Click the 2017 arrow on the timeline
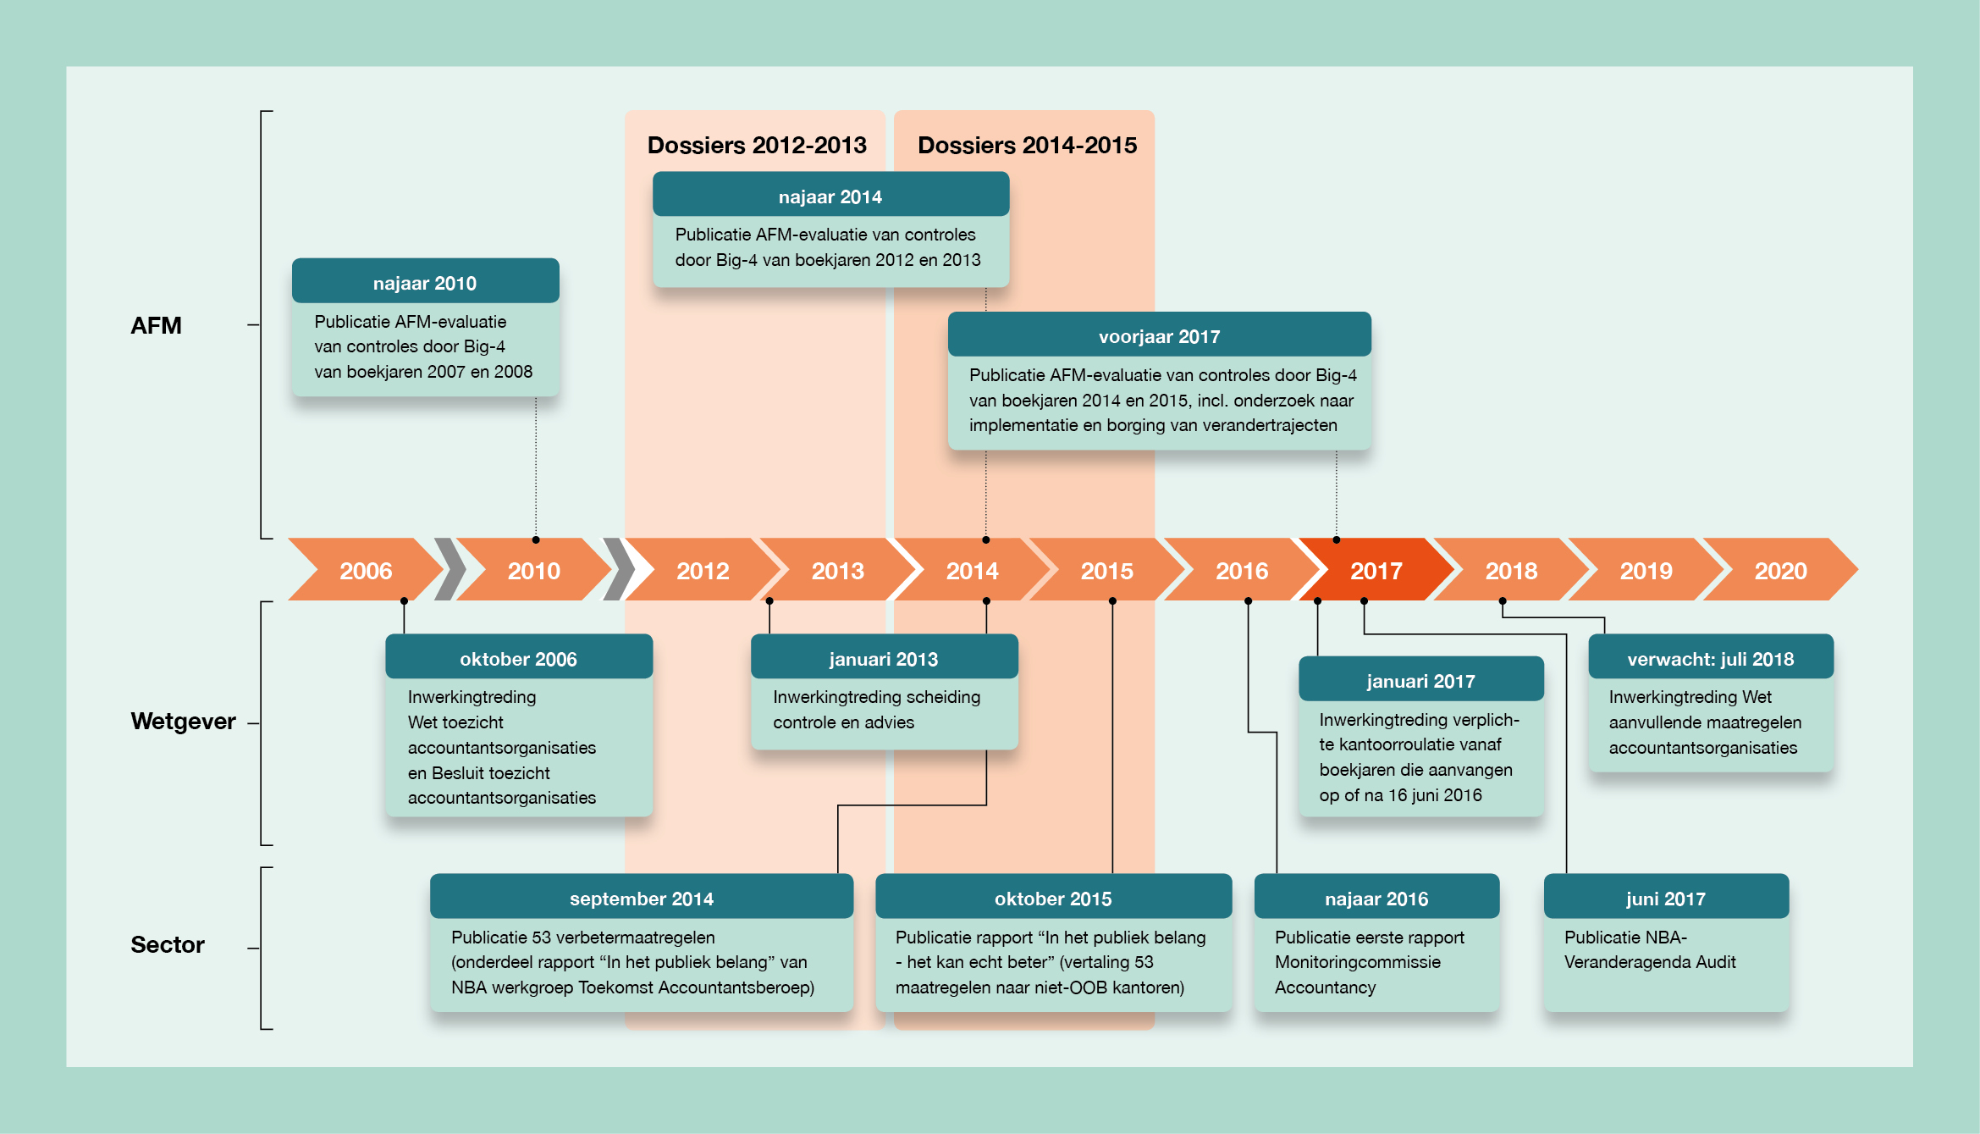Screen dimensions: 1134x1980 pyautogui.click(x=1376, y=571)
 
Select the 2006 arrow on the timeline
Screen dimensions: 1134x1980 pyautogui.click(x=366, y=571)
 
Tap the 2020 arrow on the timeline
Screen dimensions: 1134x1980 pyautogui.click(x=1780, y=571)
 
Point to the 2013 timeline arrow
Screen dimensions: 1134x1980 pyautogui.click(x=837, y=571)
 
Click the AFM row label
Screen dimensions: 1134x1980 pyautogui.click(x=156, y=325)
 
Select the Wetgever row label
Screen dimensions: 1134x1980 pyautogui.click(x=183, y=721)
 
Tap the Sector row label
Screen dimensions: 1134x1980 pyautogui.click(x=168, y=944)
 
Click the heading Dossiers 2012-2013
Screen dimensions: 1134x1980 pyautogui.click(x=757, y=145)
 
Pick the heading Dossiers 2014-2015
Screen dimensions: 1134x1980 pyautogui.click(x=1027, y=145)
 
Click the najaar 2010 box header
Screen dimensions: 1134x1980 pyautogui.click(x=425, y=282)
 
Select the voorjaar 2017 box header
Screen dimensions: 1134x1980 pyautogui.click(x=1159, y=335)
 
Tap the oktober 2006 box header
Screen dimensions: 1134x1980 pyautogui.click(x=518, y=658)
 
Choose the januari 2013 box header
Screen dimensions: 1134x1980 pyautogui.click(x=883, y=658)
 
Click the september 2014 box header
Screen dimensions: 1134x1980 pyautogui.click(x=641, y=898)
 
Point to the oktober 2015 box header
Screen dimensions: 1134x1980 pyautogui.click(x=1052, y=898)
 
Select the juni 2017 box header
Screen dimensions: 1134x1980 pyautogui.click(x=1665, y=898)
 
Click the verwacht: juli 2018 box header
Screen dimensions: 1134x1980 pyautogui.click(x=1710, y=658)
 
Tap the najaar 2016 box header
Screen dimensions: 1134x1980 pyautogui.click(x=1376, y=898)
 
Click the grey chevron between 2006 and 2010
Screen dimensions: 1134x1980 pyautogui.click(x=450, y=569)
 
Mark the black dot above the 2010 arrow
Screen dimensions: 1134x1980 pyautogui.click(x=536, y=539)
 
